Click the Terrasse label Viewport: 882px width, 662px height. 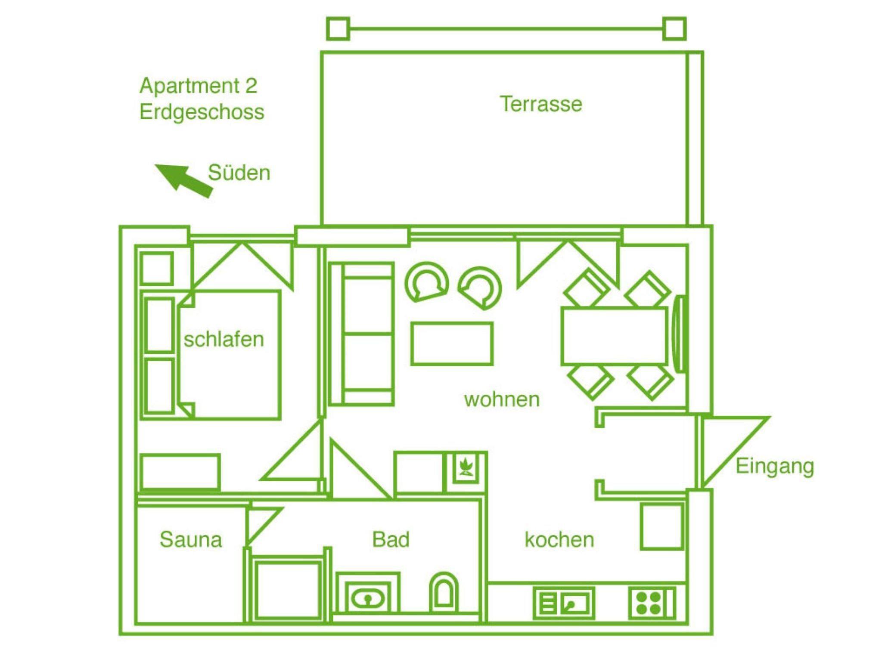541,104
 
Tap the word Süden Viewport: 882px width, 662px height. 239,173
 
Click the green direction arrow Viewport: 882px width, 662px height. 184,181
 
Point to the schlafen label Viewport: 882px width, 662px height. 224,339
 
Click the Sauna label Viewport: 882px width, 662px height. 191,539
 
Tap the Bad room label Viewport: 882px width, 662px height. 391,539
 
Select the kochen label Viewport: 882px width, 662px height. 559,539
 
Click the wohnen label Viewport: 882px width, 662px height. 502,399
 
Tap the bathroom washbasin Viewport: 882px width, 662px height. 368,593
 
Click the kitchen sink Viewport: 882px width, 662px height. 564,603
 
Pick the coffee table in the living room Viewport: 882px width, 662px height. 452,344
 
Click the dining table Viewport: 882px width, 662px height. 614,336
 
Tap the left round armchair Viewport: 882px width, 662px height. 427,282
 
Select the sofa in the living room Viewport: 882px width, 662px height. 361,334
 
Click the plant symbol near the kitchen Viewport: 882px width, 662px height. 466,467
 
